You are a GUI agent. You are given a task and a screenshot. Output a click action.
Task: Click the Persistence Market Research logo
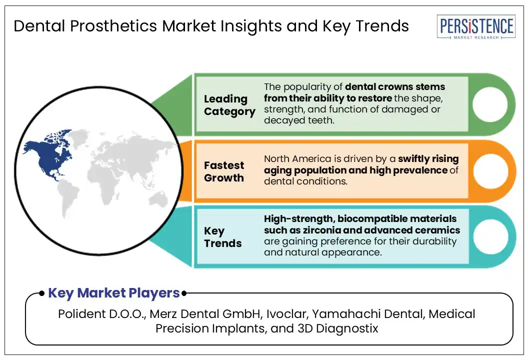(x=476, y=26)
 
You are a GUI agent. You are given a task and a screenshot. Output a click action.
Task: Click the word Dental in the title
(x=39, y=26)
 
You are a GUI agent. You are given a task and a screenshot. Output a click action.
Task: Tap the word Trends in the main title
(x=382, y=26)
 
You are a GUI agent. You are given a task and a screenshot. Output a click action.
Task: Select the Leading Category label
(x=229, y=105)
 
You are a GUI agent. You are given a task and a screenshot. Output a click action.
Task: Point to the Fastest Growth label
(x=224, y=171)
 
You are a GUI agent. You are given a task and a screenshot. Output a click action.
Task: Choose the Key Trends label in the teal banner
(x=222, y=237)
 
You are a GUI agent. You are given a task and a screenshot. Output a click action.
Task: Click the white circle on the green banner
(x=490, y=104)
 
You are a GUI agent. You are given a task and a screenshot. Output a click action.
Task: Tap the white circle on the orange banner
(x=490, y=171)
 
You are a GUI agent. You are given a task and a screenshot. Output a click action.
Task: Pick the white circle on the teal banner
(x=490, y=237)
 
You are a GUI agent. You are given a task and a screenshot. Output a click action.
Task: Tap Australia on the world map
(x=158, y=199)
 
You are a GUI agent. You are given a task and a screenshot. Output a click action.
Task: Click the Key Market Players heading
(x=114, y=293)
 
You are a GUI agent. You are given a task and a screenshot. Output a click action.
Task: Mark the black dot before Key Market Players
(x=42, y=293)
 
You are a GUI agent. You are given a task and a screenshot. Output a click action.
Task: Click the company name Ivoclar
(x=286, y=314)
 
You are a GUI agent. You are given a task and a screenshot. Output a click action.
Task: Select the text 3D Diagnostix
(x=337, y=328)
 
